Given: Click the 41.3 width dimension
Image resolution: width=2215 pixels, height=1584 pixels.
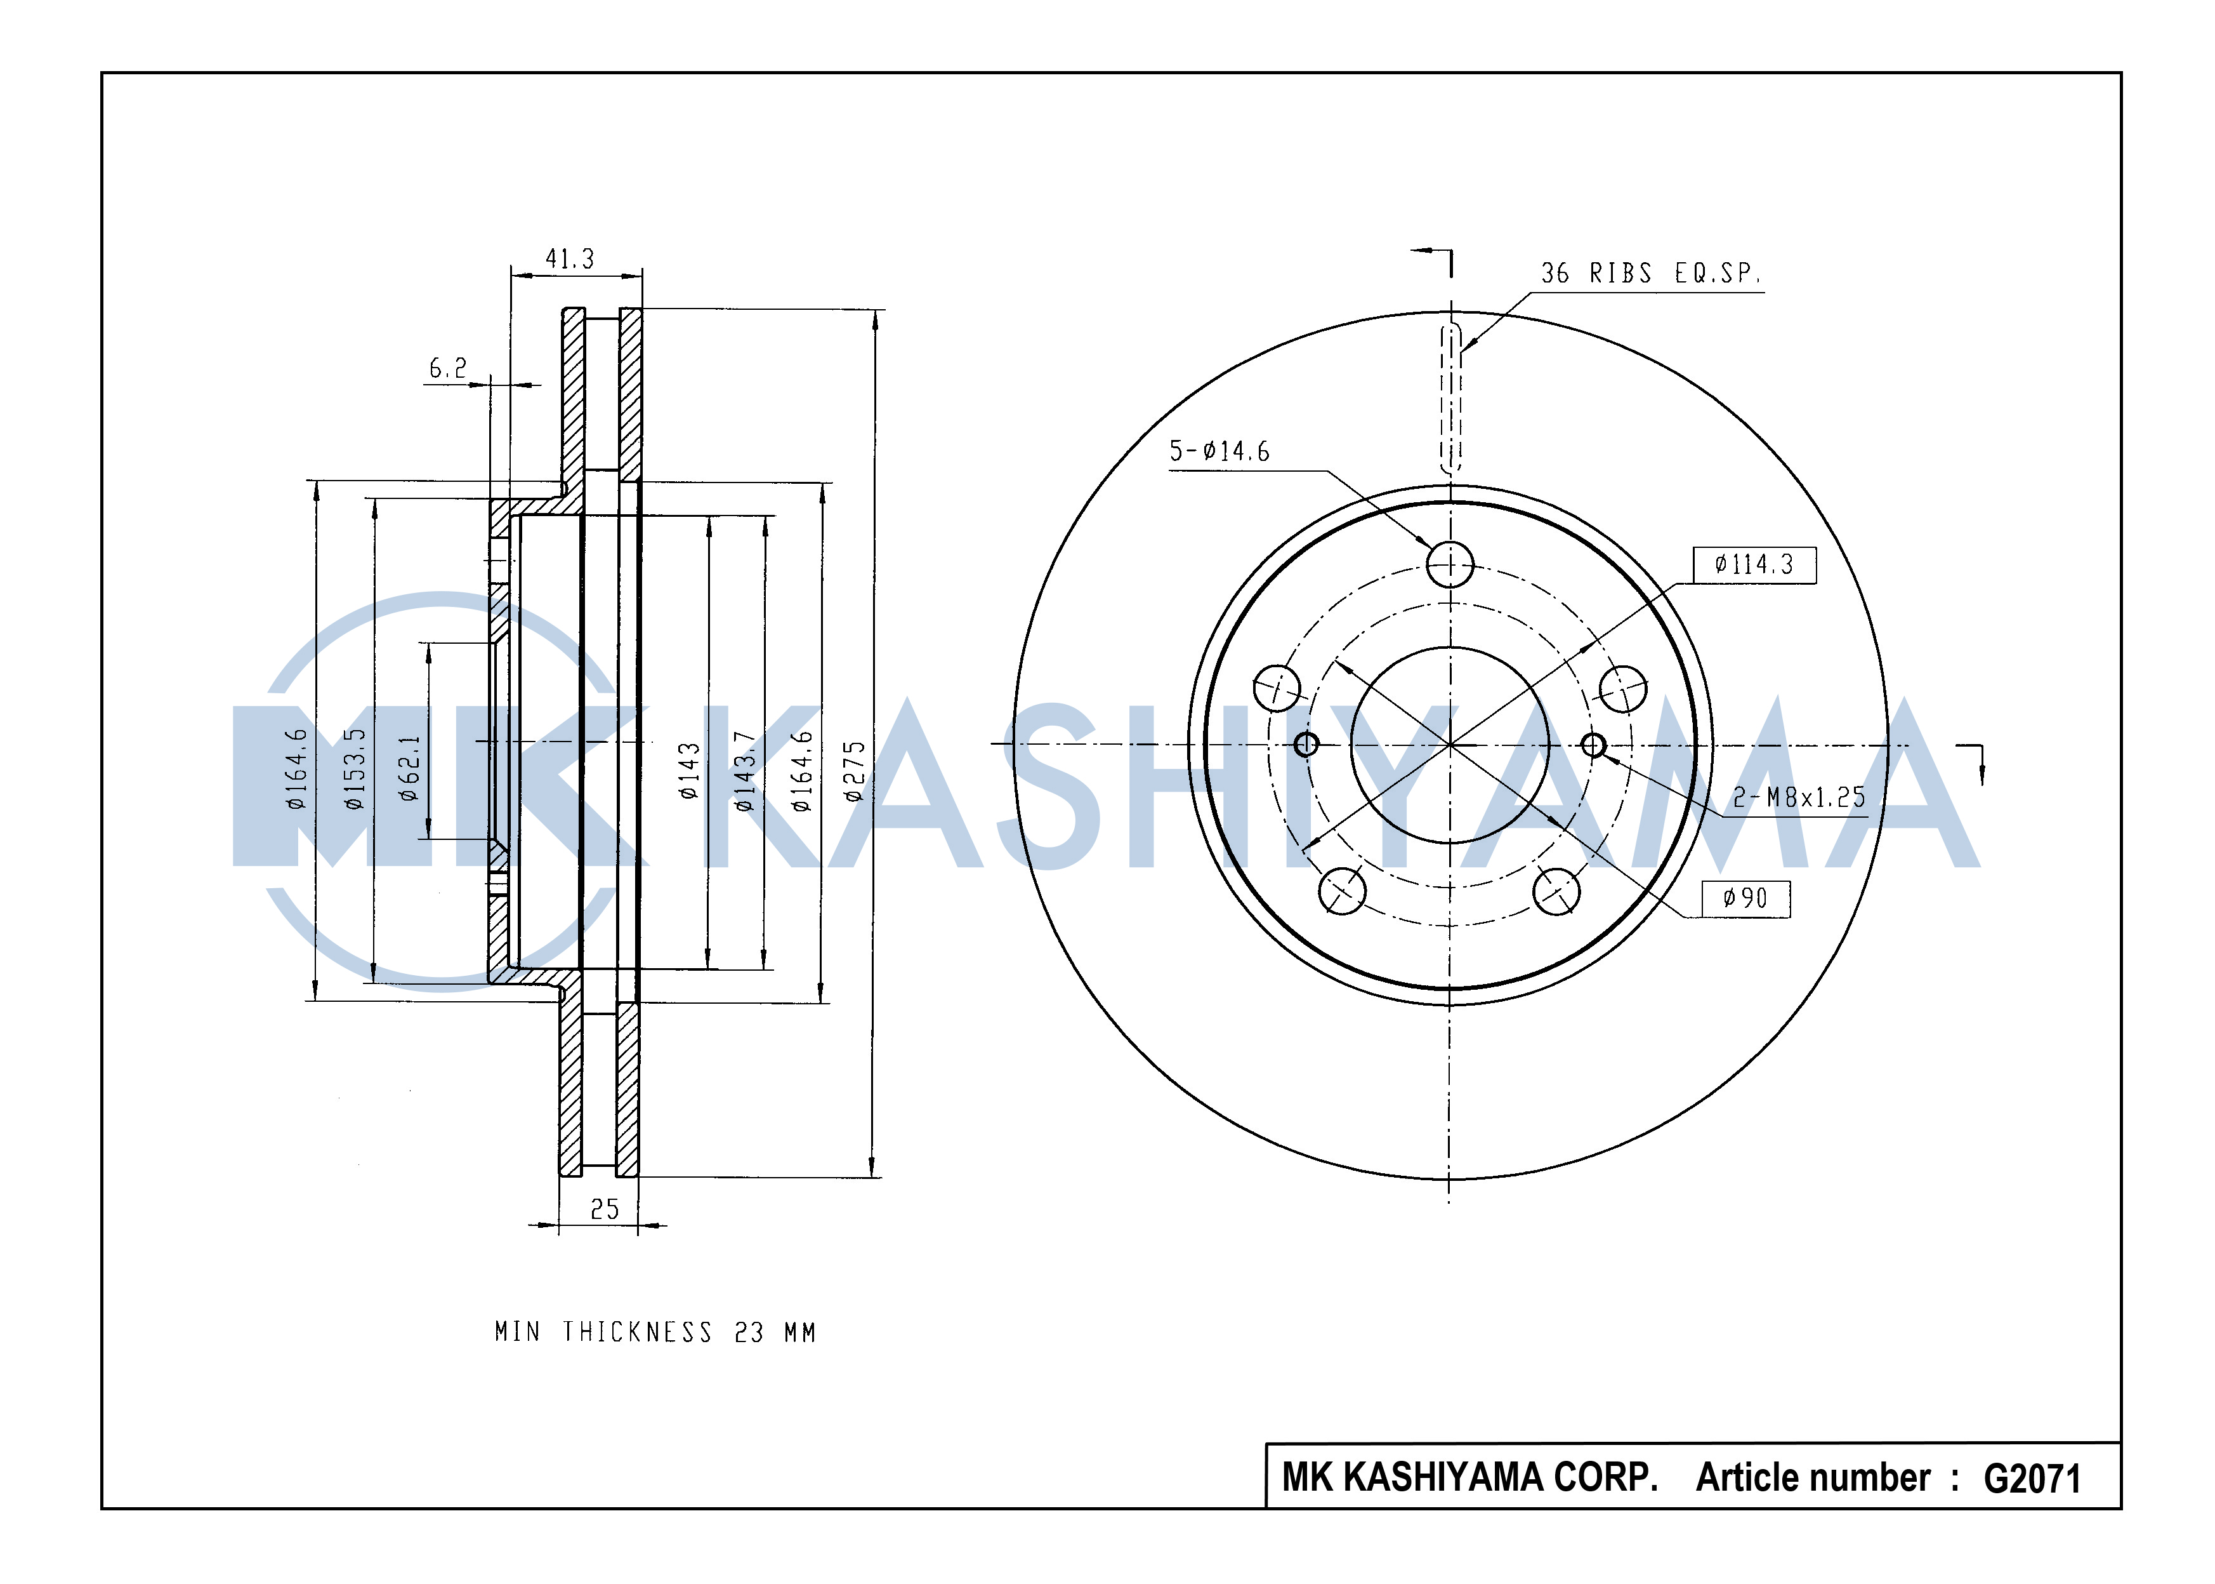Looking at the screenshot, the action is point(569,260).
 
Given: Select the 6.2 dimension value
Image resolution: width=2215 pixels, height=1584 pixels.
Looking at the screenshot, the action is point(449,369).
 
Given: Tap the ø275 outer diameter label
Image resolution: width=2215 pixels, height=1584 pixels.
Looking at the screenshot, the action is point(854,771).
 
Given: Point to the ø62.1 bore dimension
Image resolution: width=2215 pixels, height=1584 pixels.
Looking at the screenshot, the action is point(409,769).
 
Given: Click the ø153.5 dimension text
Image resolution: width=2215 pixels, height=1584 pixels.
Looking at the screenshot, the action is point(354,769).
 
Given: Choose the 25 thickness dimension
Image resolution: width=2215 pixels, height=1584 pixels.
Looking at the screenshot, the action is point(605,1209).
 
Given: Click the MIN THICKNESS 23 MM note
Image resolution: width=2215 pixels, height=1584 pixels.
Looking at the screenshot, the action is point(655,1333).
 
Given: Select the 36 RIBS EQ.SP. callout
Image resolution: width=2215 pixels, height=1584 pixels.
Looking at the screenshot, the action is point(1650,273).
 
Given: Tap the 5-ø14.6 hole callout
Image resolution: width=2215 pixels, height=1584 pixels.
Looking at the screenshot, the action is point(1219,451).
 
